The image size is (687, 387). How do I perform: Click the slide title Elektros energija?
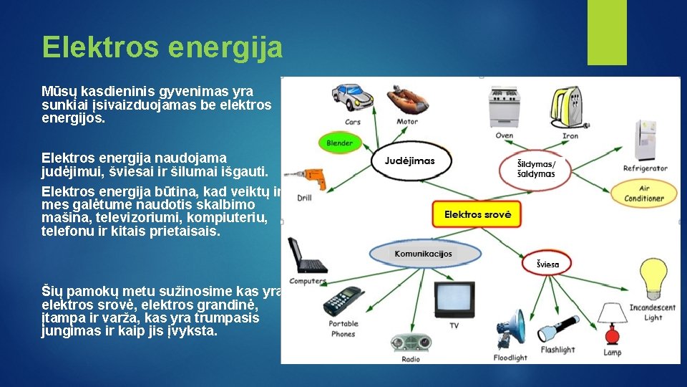click(x=162, y=47)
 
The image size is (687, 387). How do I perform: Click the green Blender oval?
click(x=339, y=143)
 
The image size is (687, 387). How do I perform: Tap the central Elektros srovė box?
click(x=477, y=214)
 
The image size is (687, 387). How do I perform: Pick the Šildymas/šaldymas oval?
click(x=536, y=168)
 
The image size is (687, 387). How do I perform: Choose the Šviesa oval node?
click(x=548, y=264)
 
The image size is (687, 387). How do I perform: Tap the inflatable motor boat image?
click(x=409, y=99)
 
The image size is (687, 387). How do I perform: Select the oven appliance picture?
click(x=505, y=107)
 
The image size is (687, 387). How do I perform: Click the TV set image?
click(x=453, y=298)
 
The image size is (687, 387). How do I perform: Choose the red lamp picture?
click(x=612, y=335)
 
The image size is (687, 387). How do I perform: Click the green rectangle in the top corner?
click(x=607, y=32)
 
